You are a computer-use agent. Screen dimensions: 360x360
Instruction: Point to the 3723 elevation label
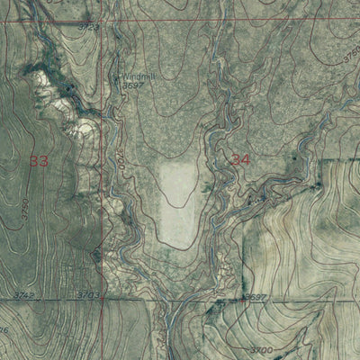tap(88, 28)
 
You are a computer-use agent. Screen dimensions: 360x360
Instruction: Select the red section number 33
tap(39, 161)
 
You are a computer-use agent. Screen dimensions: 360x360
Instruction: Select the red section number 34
tap(240, 159)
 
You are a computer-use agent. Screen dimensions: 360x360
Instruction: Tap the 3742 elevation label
tap(24, 294)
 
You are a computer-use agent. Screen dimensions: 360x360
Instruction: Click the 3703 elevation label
tap(87, 294)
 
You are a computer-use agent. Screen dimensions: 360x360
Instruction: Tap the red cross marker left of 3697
tap(238, 298)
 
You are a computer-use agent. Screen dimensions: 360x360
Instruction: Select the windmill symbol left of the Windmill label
tap(114, 76)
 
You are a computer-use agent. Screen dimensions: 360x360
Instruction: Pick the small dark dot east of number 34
tap(294, 158)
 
